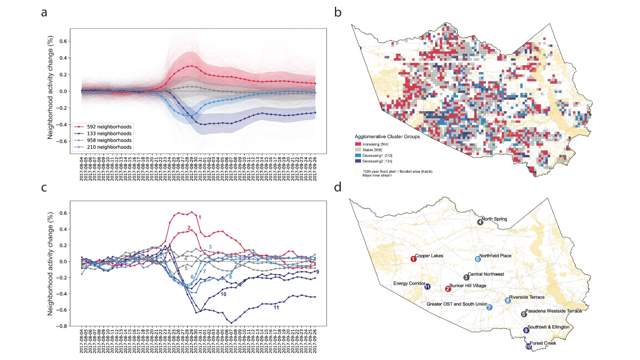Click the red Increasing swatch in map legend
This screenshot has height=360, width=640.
(x=358, y=144)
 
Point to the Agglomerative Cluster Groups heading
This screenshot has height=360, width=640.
(x=387, y=137)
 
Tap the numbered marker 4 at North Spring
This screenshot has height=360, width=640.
(x=481, y=222)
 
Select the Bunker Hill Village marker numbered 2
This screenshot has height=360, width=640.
(x=448, y=289)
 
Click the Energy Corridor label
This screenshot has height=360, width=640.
(x=409, y=283)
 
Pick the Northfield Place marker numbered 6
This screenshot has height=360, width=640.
(x=478, y=259)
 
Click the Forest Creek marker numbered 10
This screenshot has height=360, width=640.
(x=529, y=346)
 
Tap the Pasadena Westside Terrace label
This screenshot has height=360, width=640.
(x=553, y=310)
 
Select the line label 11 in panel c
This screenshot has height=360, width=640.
(x=276, y=308)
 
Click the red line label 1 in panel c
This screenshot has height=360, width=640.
(x=199, y=217)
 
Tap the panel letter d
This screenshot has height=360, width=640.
(x=337, y=188)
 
